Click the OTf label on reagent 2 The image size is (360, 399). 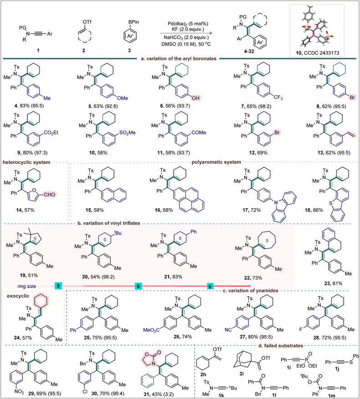[x=87, y=22]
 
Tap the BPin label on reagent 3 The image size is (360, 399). [x=134, y=22]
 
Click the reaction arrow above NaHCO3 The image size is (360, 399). [x=186, y=33]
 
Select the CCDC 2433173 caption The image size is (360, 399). [x=318, y=53]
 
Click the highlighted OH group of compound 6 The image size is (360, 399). [x=195, y=98]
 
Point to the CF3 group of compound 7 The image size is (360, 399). [x=278, y=97]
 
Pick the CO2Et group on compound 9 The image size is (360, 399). [x=51, y=133]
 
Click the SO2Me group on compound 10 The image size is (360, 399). [x=127, y=133]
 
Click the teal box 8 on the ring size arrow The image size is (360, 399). [x=210, y=286]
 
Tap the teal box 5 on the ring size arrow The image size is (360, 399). [x=58, y=286]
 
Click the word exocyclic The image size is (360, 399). [x=18, y=296]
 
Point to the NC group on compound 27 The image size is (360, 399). [x=228, y=329]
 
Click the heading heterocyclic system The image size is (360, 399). [x=26, y=162]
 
